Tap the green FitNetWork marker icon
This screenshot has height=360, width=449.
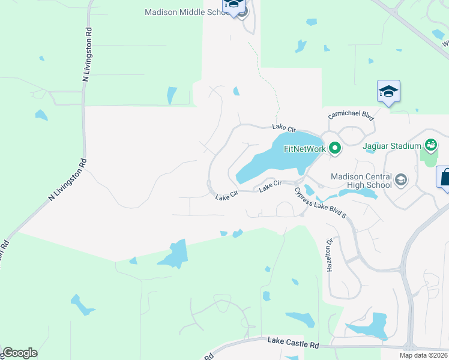[x=334, y=148]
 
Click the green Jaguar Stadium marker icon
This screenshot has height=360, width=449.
[x=430, y=144]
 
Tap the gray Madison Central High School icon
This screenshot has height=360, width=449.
[x=401, y=178]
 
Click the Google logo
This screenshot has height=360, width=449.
[x=20, y=353]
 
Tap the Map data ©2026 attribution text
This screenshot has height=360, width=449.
[x=423, y=355]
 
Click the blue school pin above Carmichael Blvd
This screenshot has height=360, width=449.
[x=388, y=91]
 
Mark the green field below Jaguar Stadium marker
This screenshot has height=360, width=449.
[x=429, y=157]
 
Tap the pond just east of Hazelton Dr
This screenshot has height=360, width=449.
[x=367, y=328]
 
